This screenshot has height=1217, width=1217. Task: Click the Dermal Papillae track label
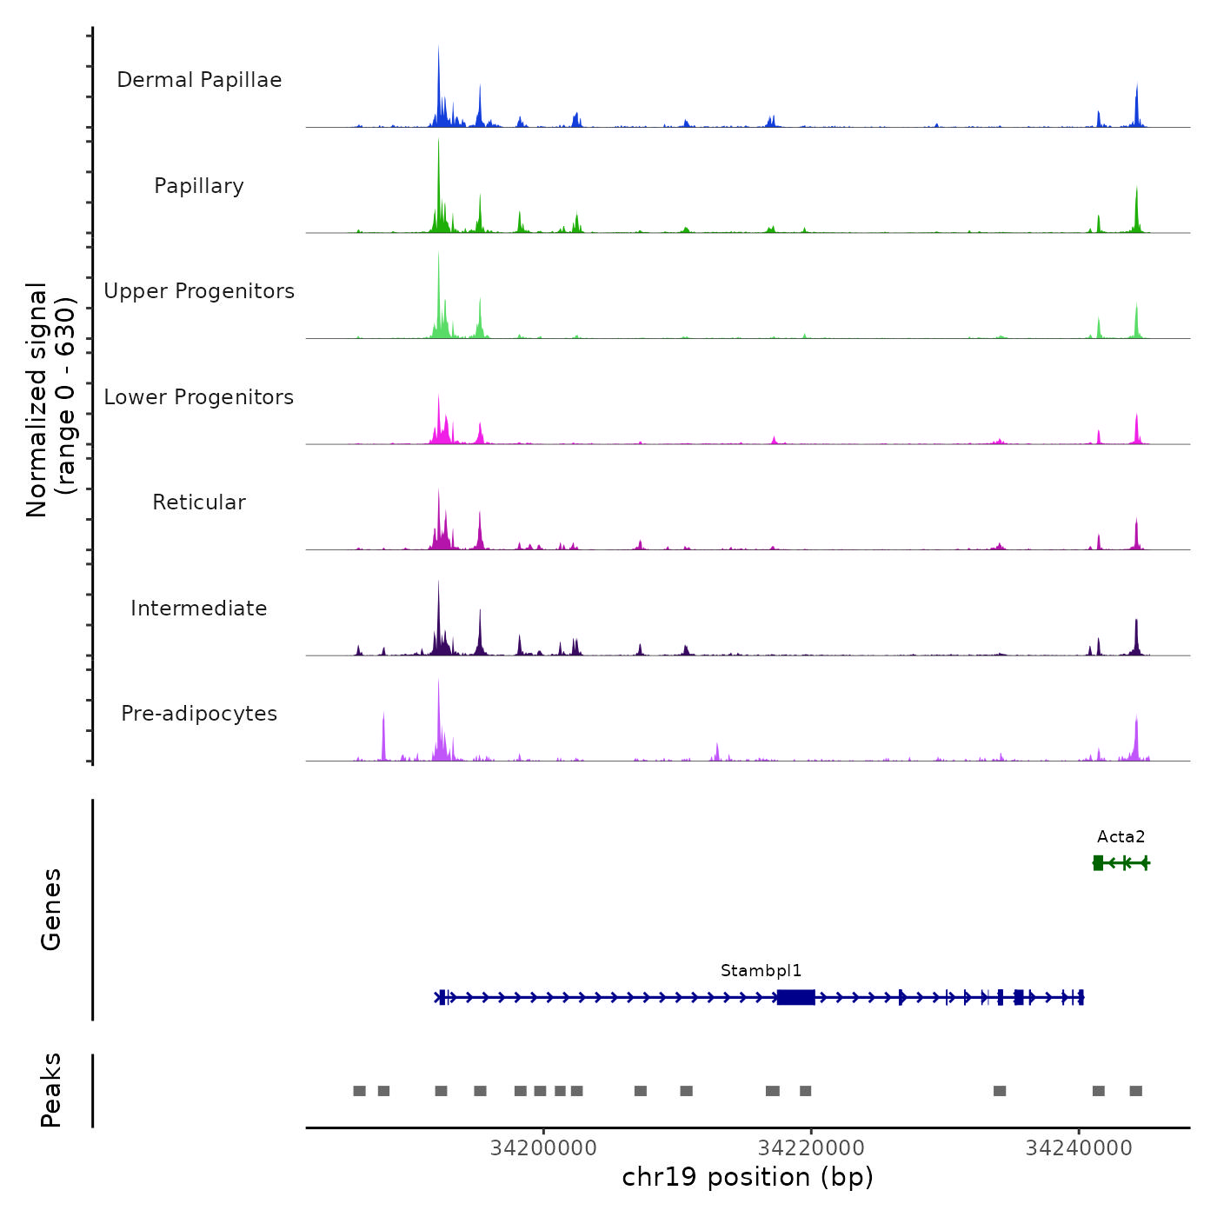coord(199,80)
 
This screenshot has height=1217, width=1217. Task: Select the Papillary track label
coord(199,186)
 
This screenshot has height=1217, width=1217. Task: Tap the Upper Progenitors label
coord(199,291)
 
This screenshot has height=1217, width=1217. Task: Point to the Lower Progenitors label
coord(199,397)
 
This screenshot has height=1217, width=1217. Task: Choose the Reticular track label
coord(199,502)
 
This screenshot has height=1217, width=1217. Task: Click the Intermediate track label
coord(199,608)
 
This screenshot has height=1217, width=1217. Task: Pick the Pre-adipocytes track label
coord(199,714)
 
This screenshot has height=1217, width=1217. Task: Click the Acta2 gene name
coord(1121,837)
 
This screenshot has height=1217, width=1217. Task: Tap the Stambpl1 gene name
coord(761,971)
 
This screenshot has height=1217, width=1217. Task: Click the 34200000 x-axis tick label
coord(543,1148)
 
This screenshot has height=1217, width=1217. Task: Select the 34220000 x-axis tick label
coord(811,1148)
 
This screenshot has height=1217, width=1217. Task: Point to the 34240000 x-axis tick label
coord(1079,1148)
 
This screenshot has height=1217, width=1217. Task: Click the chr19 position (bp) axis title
coord(748,1177)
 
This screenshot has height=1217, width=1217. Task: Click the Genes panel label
coord(51,909)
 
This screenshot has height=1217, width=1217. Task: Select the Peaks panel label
coord(51,1090)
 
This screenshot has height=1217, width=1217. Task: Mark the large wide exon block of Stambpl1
coord(795,997)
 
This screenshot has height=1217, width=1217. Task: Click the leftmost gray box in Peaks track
coord(359,1091)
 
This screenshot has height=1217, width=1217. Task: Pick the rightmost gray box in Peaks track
coord(1135,1091)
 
